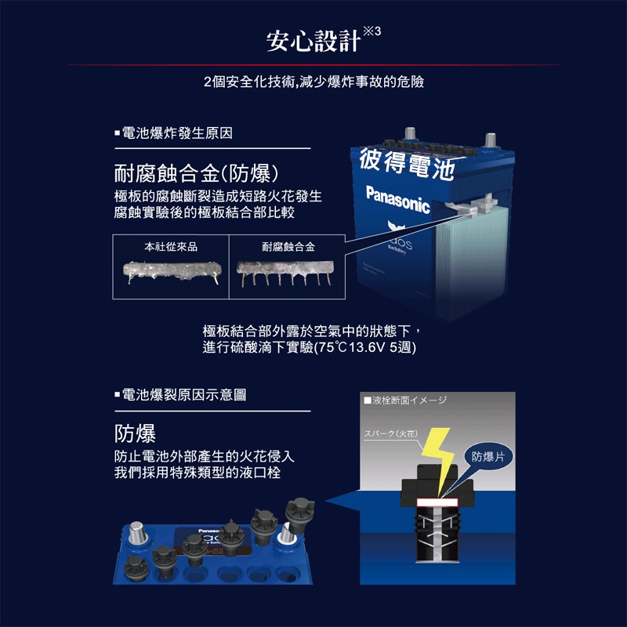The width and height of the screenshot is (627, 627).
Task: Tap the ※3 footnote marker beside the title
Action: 371,31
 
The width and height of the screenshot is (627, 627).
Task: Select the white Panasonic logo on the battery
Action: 397,199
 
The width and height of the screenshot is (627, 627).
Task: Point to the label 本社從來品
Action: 171,247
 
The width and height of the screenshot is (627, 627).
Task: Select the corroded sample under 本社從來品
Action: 171,273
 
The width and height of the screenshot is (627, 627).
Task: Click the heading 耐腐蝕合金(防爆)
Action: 197,172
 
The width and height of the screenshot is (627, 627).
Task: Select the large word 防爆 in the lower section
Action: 135,433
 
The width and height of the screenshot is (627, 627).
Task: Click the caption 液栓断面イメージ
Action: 408,400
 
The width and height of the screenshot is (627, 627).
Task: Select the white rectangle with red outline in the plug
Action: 438,502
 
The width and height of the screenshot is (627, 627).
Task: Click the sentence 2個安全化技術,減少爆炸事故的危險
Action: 313,82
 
